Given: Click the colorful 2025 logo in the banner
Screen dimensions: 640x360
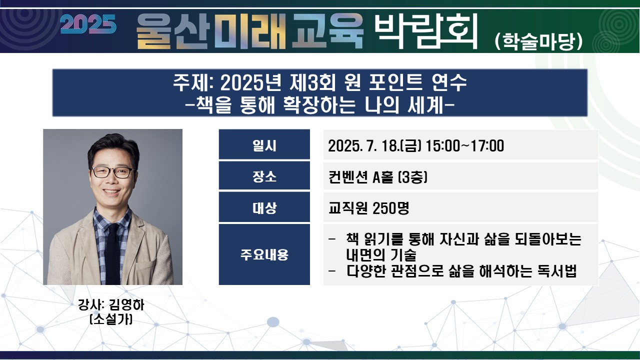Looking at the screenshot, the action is pos(88,24).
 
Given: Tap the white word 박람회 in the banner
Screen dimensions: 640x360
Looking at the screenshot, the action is pos(425,31).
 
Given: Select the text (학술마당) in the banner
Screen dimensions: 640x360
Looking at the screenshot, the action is pos(538,41).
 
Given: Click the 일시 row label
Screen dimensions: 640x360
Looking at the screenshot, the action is pos(264,145).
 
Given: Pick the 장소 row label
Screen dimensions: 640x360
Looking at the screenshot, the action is pos(264,176).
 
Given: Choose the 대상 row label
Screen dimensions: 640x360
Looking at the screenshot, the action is pos(264,207).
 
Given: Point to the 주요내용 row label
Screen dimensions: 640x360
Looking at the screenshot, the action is pos(264,254).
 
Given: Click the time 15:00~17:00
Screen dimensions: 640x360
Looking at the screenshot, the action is pos(464,145).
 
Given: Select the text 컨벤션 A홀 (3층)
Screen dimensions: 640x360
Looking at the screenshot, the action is pos(377,177).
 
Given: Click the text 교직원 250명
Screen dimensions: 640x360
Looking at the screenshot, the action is pos(369,208).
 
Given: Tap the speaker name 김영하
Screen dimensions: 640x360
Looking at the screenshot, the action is pos(127,305).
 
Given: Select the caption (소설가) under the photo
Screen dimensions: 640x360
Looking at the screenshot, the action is pos(111,319).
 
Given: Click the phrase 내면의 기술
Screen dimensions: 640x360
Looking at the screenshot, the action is pos(381,255).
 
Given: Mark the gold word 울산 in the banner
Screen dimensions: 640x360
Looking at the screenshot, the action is pos(173,31).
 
